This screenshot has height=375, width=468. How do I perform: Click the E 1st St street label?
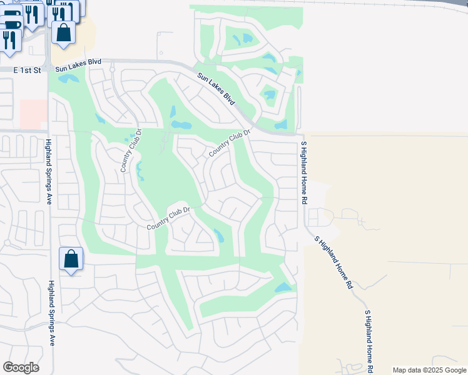(27, 71)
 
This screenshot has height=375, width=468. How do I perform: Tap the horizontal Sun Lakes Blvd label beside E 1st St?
(78, 66)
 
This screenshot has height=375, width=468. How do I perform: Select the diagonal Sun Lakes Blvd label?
(216, 89)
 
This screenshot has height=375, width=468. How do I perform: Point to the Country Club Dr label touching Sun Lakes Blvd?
(230, 144)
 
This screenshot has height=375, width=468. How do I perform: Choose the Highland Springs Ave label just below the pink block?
(48, 172)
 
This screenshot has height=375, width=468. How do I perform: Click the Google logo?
(21, 367)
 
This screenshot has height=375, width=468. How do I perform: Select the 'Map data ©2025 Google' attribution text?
(429, 370)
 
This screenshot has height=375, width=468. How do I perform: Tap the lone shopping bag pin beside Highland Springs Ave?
(71, 259)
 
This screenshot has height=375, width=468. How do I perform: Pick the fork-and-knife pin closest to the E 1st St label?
(9, 39)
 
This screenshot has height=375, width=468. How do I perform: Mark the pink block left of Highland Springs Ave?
(33, 113)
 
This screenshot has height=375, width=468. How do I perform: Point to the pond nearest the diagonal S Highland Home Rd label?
(283, 287)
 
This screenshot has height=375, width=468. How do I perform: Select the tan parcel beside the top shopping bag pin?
(85, 31)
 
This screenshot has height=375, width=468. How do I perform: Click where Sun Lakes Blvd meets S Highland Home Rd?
(303, 134)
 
